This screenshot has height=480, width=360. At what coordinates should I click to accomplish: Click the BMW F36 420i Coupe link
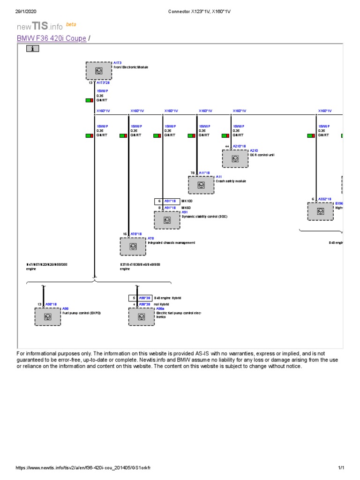52,38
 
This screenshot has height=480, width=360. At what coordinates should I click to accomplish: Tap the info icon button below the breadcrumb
32,48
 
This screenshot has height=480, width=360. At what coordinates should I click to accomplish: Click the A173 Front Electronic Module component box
98,71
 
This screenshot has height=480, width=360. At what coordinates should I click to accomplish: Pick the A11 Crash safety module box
201,185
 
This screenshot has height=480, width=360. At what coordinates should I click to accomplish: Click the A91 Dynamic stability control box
167,220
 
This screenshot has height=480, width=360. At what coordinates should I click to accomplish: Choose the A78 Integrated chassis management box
133,246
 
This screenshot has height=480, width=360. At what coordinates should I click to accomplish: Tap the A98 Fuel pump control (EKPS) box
47,316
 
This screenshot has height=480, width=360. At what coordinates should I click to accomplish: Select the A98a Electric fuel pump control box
141,316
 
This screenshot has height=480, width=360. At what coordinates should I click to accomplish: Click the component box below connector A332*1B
321,211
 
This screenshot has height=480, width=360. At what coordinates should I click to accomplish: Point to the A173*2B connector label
103,83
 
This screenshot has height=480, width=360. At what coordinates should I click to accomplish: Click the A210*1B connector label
239,146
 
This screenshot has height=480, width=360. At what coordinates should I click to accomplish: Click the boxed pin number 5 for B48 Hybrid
133,298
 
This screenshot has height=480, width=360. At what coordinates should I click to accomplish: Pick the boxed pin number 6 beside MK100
159,201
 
